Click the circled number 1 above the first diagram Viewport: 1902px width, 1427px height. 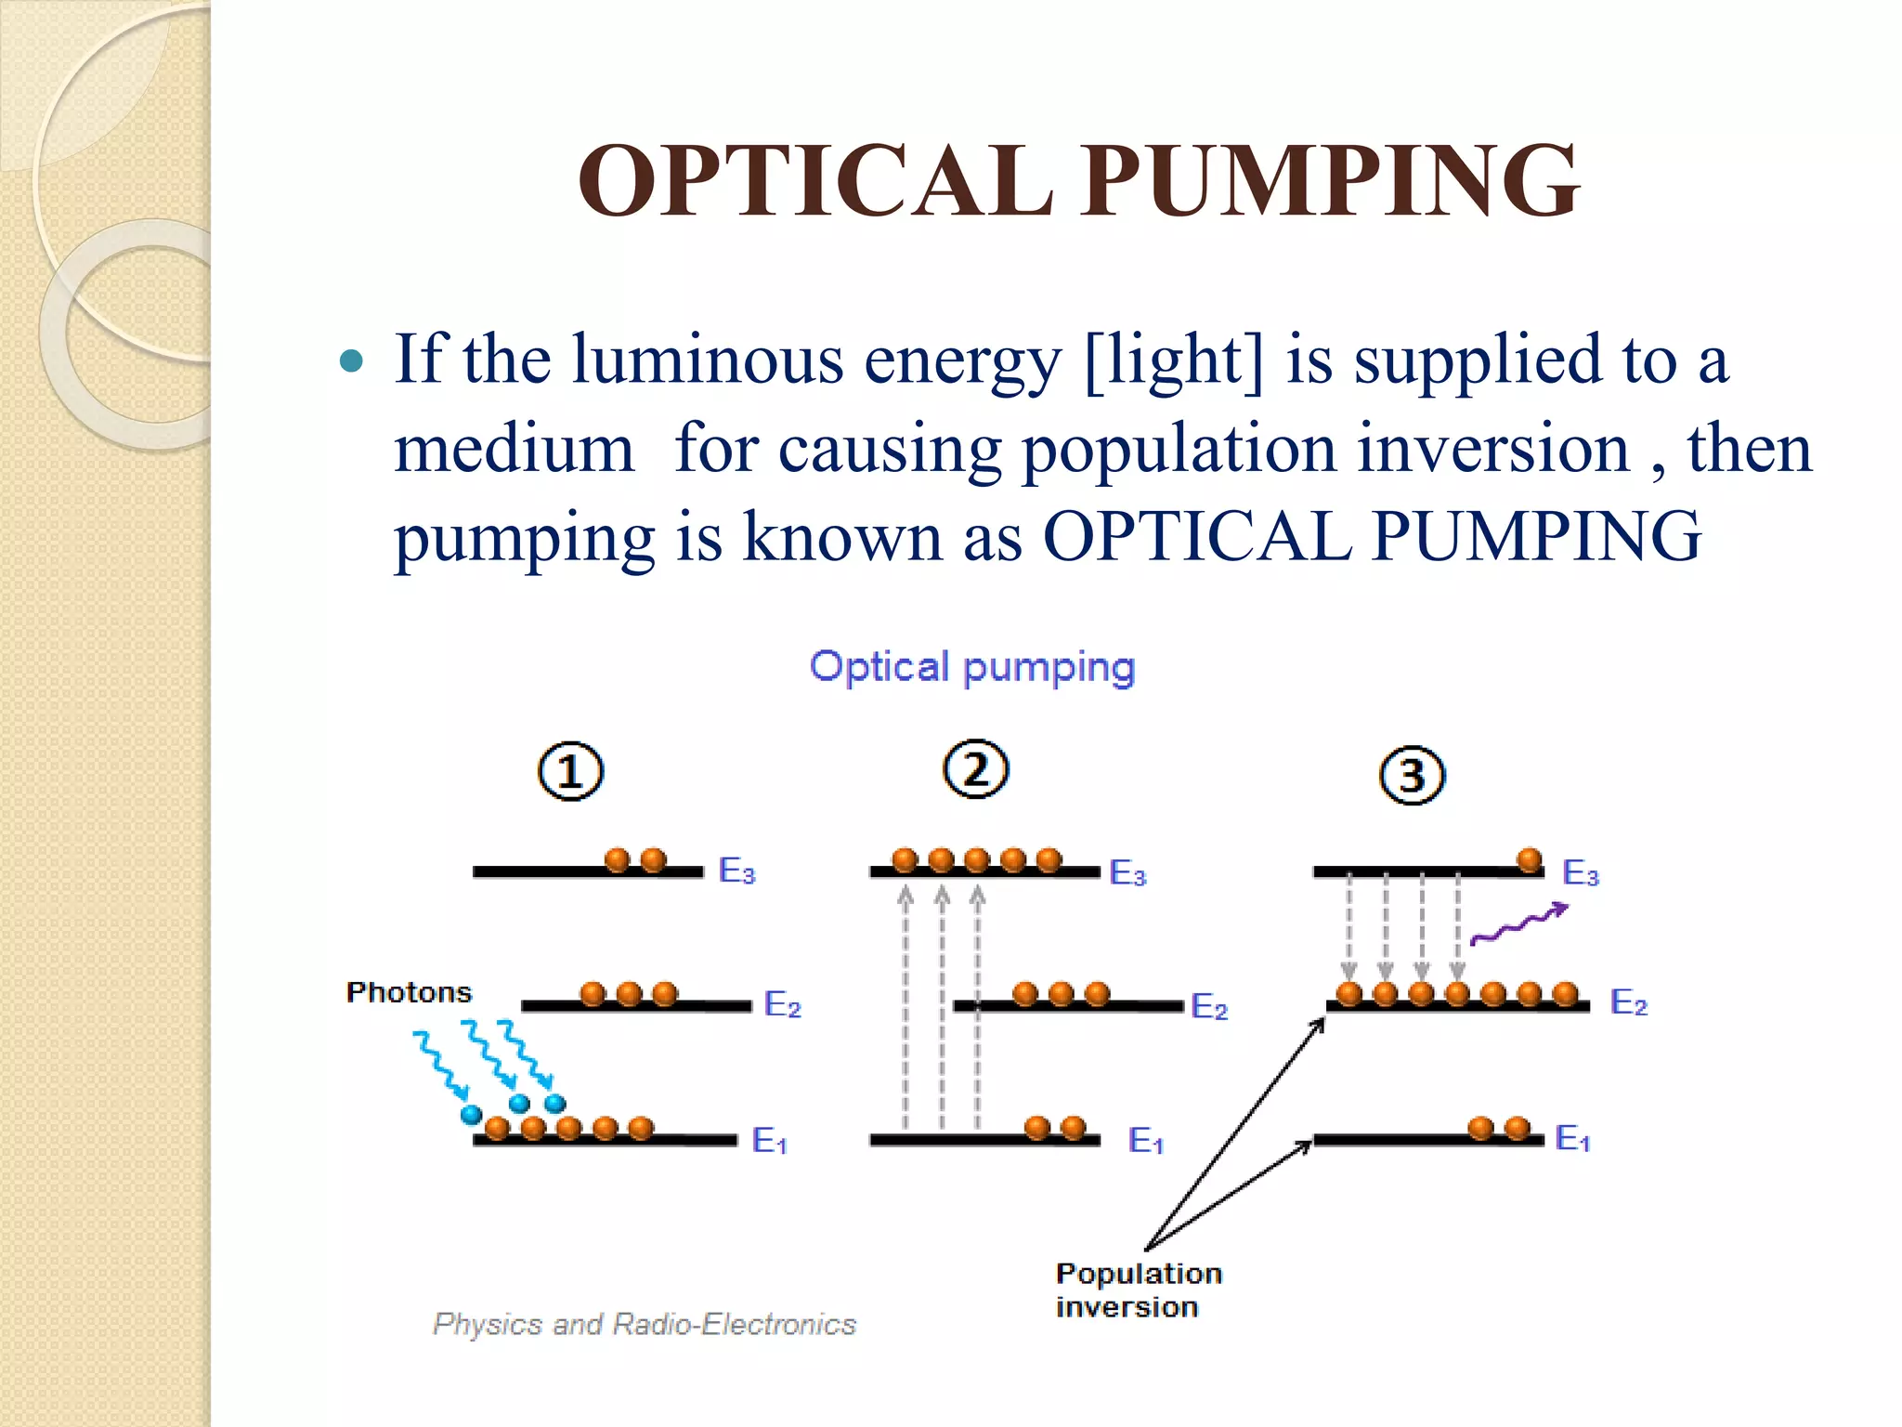coord(570,772)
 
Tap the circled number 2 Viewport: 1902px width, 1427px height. coord(975,769)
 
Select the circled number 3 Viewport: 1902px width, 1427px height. coord(1412,776)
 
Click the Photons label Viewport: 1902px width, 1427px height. coord(409,992)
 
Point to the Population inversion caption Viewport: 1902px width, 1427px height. coord(1139,1290)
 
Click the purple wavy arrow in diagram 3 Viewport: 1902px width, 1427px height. coord(1519,924)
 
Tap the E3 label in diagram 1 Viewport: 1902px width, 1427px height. coord(737,871)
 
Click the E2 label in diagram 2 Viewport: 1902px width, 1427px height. coord(1209,1007)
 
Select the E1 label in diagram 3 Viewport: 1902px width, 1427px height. coord(1572,1139)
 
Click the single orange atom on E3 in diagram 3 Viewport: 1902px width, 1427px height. coord(1530,861)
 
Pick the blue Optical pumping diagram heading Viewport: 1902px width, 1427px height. coord(972,667)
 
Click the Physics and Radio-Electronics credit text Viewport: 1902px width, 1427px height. coord(645,1324)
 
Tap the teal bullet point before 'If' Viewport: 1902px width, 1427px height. coord(351,361)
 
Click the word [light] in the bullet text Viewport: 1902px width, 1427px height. coord(1174,360)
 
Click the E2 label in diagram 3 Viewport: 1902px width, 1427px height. coord(1629,1003)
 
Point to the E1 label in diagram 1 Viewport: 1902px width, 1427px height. coord(769,1141)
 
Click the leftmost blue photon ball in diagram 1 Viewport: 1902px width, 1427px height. coord(472,1114)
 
